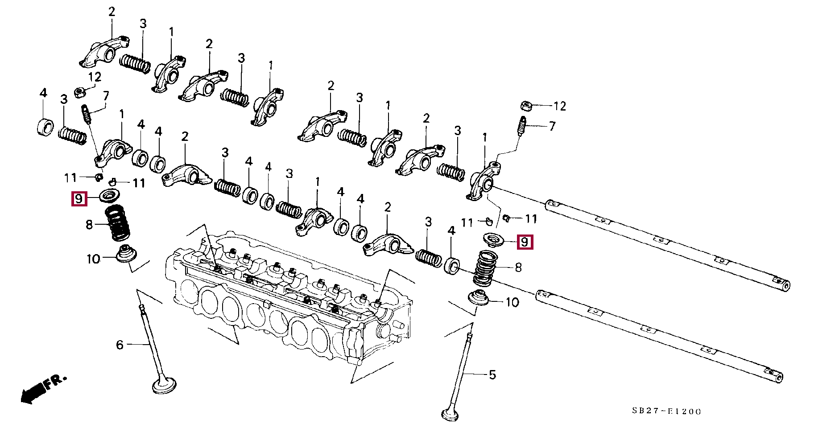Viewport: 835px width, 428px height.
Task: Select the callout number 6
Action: tap(120, 345)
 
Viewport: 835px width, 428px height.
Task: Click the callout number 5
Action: tap(492, 375)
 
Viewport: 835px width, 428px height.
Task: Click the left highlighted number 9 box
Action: tap(79, 198)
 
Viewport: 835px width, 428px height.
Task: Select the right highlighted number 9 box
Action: tap(525, 242)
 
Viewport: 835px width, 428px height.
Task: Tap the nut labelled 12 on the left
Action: tap(80, 92)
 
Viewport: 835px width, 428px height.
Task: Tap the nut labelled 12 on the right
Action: tap(526, 106)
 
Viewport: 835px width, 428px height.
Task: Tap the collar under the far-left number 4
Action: tap(45, 127)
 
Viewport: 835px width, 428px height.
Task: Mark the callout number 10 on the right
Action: tap(512, 302)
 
